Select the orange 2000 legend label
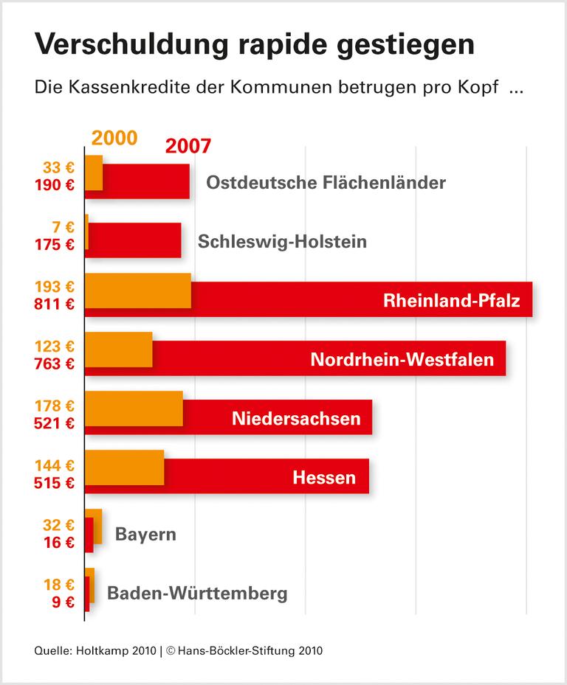coord(114,138)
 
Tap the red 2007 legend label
coord(188,145)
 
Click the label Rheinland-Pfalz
coord(452,301)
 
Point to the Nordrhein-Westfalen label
coord(402,360)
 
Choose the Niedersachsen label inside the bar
coord(296,419)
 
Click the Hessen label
coord(324,478)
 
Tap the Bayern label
coord(145,534)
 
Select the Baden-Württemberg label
coord(197,593)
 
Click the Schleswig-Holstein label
coord(282,241)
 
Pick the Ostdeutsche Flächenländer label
coord(326,182)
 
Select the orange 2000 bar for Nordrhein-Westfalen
coord(119,350)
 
